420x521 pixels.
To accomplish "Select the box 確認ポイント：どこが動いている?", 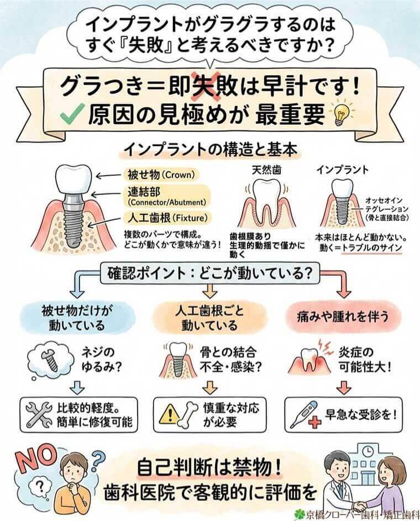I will pos(211,273).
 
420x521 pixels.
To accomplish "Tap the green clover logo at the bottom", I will pos(302,512).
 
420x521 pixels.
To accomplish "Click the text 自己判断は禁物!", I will pos(211,467).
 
